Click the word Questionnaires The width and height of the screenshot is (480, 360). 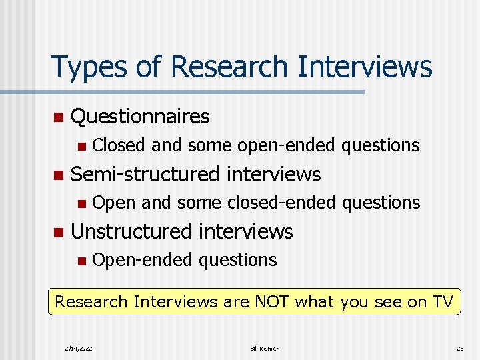140,117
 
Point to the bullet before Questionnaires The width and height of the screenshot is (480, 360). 58,117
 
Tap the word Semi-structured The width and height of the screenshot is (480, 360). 145,175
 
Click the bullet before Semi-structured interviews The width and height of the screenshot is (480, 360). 58,175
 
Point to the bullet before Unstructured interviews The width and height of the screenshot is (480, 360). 58,232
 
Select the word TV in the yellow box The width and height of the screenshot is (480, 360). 441,301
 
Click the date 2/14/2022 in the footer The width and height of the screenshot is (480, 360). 79,349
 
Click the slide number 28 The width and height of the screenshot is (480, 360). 459,349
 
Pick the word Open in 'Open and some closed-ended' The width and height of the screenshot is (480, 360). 115,203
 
